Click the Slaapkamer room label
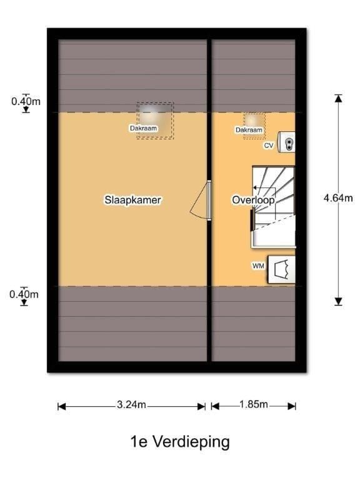[132, 200]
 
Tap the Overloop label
[253, 200]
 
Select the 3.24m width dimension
[131, 405]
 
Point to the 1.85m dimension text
[254, 404]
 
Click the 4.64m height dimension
[338, 198]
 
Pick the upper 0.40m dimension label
[26, 101]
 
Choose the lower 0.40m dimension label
[24, 294]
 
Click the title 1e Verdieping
[180, 442]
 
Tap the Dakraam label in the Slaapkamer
[143, 128]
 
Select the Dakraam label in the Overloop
[249, 130]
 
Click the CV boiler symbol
[286, 142]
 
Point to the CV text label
[269, 146]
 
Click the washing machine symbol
[282, 269]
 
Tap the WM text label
[258, 266]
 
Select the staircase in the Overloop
[273, 207]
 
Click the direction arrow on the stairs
[264, 188]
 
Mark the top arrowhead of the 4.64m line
[338, 98]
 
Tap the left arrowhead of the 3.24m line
[62, 406]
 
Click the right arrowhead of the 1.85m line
[292, 406]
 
